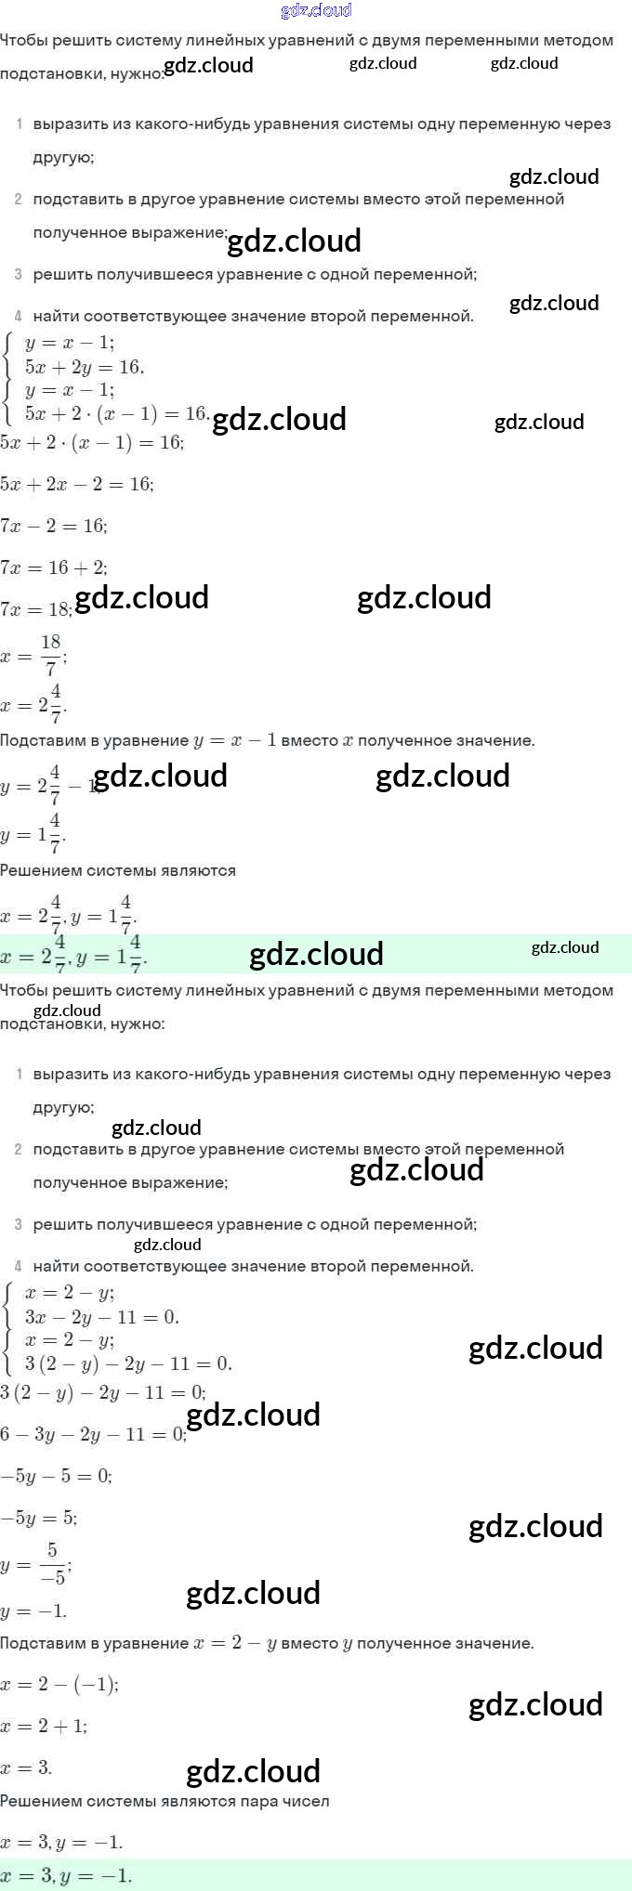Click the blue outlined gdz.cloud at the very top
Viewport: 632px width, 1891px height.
[x=316, y=10]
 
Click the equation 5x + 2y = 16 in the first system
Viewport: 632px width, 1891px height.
[x=85, y=367]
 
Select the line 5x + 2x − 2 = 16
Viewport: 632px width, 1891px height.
[x=77, y=484]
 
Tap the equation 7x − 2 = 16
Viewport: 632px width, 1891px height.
[x=54, y=526]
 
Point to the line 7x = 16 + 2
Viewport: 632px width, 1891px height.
[x=54, y=567]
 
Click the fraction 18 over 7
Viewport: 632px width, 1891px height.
[x=50, y=654]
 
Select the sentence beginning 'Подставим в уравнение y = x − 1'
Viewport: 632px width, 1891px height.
[x=268, y=740]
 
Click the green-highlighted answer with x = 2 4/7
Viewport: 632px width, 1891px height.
[x=74, y=955]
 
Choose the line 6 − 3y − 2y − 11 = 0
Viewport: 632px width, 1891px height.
[x=93, y=1434]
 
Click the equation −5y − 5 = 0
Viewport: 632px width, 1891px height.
[x=56, y=1476]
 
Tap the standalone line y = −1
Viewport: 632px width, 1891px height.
[x=34, y=1611]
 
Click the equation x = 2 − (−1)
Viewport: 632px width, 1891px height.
[x=59, y=1684]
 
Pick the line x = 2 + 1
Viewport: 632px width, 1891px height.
[x=44, y=1726]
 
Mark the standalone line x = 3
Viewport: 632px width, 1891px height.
[x=27, y=1767]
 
